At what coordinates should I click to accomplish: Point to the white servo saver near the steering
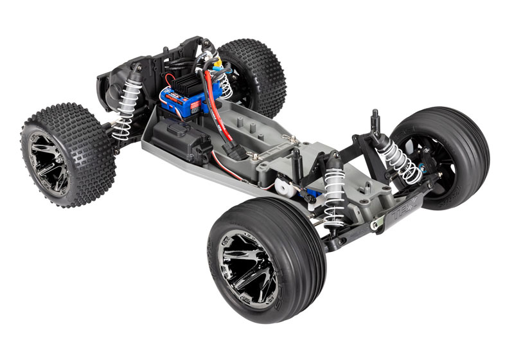[283, 190]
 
